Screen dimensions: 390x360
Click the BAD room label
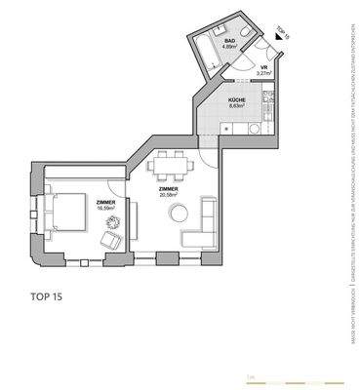click(x=229, y=41)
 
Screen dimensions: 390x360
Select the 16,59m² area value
click(x=105, y=208)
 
